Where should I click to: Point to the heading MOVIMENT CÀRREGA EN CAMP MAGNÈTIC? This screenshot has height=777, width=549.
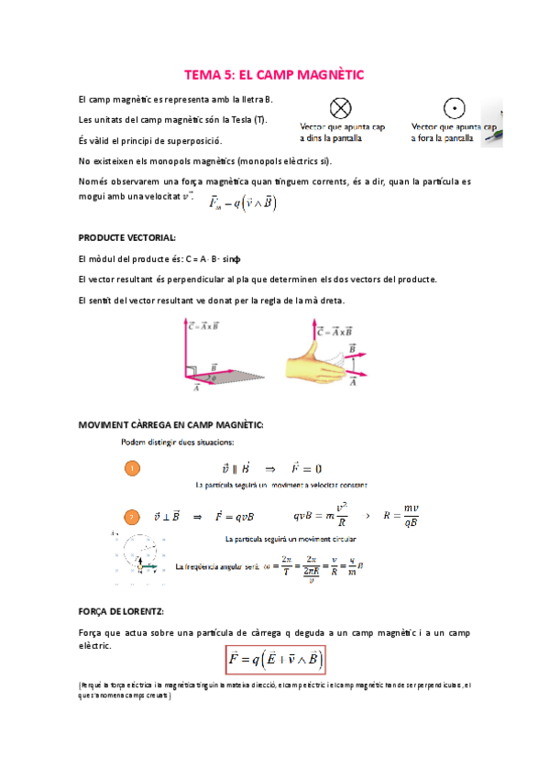(170, 424)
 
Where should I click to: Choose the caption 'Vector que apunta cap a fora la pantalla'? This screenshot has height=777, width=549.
(452, 134)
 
